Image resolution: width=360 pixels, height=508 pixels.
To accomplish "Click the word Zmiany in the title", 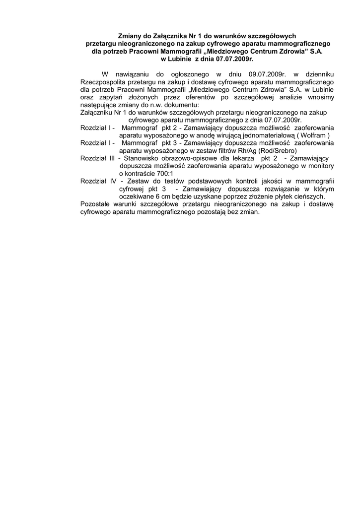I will point(128,36).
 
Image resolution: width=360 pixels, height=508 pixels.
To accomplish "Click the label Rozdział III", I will point(98,158).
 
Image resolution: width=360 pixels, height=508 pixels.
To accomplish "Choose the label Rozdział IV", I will point(98,181).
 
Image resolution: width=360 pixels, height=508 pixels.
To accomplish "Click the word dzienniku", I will point(315,73).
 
